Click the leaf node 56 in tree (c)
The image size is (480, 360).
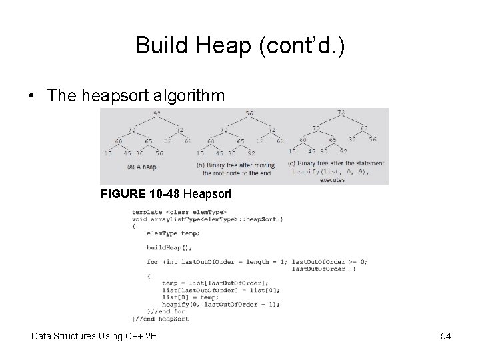[371, 140]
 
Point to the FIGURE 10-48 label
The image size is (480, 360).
[139, 195]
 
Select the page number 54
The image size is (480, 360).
[446, 336]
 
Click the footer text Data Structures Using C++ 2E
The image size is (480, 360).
[93, 336]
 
